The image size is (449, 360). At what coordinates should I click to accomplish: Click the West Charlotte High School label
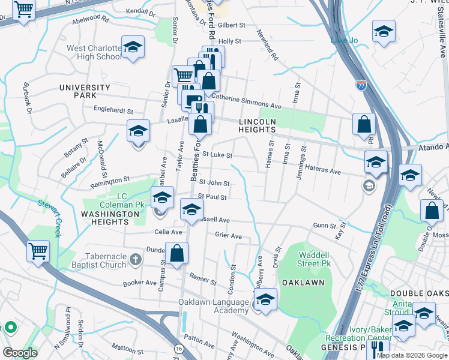94,52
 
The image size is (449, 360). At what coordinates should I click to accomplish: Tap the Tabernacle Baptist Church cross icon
136,260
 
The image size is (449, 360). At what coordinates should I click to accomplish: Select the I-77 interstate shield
361,86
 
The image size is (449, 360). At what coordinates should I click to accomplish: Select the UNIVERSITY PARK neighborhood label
85,91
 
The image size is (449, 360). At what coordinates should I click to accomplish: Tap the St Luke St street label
217,155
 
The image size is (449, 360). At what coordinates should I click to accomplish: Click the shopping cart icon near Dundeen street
38,250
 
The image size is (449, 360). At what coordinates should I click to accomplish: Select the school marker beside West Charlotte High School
133,46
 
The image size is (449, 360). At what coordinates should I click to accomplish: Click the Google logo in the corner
20,352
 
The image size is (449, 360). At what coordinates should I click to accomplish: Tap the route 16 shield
179,349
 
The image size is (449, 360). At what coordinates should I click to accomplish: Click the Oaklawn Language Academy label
213,306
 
